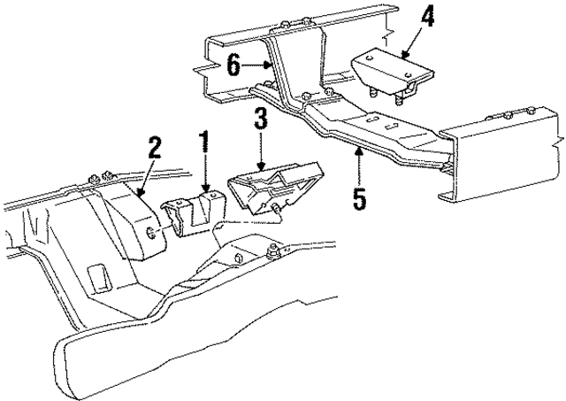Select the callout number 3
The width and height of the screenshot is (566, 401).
pos(260,119)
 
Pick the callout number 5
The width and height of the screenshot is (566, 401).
pos(358,197)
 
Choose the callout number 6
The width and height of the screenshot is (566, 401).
pos(233,65)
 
